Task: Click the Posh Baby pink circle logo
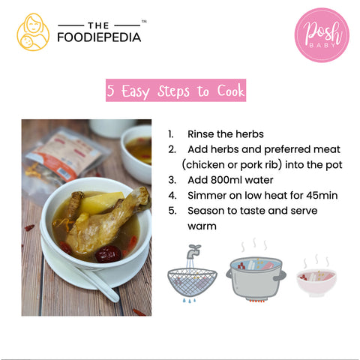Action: coord(322,35)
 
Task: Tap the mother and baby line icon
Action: coord(33,32)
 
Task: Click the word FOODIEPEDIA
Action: coord(99,37)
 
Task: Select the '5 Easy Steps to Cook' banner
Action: coord(175,90)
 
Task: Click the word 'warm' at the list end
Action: coord(202,226)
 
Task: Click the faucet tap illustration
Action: coord(193,251)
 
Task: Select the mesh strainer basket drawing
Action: coord(192,282)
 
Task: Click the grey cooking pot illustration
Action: coord(256,277)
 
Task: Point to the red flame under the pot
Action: coord(256,301)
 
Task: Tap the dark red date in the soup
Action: coord(108,253)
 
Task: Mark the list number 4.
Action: coord(172,196)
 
